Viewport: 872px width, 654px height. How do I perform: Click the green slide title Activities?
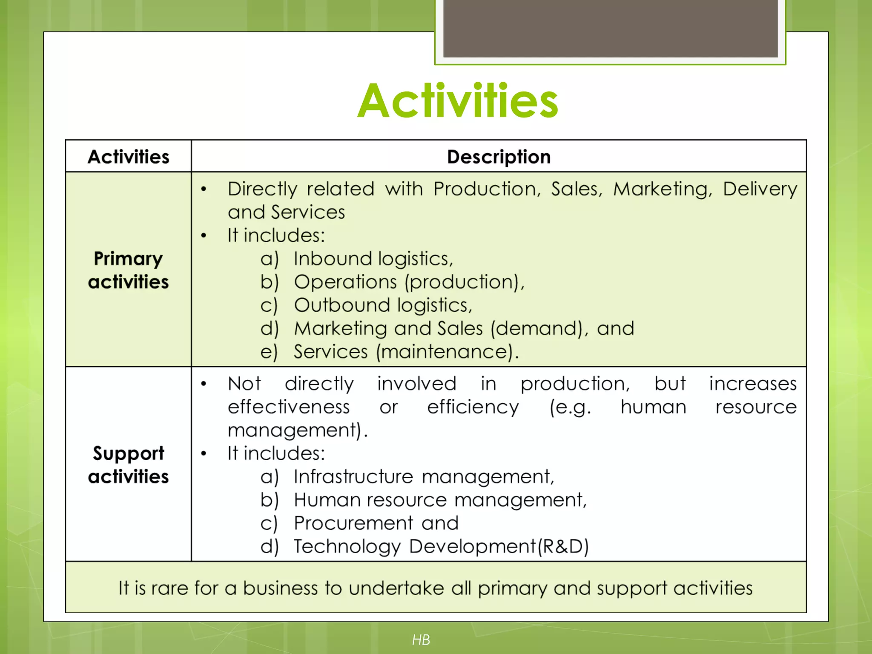click(458, 101)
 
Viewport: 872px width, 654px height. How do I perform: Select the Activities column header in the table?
click(128, 157)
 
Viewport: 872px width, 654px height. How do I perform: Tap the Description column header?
click(499, 157)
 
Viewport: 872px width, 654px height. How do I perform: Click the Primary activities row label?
click(128, 270)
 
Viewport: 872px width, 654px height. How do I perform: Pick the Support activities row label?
click(128, 465)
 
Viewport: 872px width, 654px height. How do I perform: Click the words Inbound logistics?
click(373, 259)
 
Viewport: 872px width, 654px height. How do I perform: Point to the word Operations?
click(345, 282)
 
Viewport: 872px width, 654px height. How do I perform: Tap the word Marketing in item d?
click(340, 329)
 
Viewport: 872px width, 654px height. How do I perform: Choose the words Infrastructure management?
click(424, 476)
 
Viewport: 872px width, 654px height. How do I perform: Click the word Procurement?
click(353, 523)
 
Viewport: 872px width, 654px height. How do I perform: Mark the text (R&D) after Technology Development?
click(563, 547)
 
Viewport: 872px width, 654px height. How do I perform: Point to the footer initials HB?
click(421, 640)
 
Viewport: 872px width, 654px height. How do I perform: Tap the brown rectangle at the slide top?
click(610, 28)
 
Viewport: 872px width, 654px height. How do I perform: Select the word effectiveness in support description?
click(288, 407)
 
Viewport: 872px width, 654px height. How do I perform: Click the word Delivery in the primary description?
click(760, 189)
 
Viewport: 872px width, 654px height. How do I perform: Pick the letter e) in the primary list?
click(269, 352)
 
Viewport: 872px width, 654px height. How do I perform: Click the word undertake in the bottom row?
click(396, 588)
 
